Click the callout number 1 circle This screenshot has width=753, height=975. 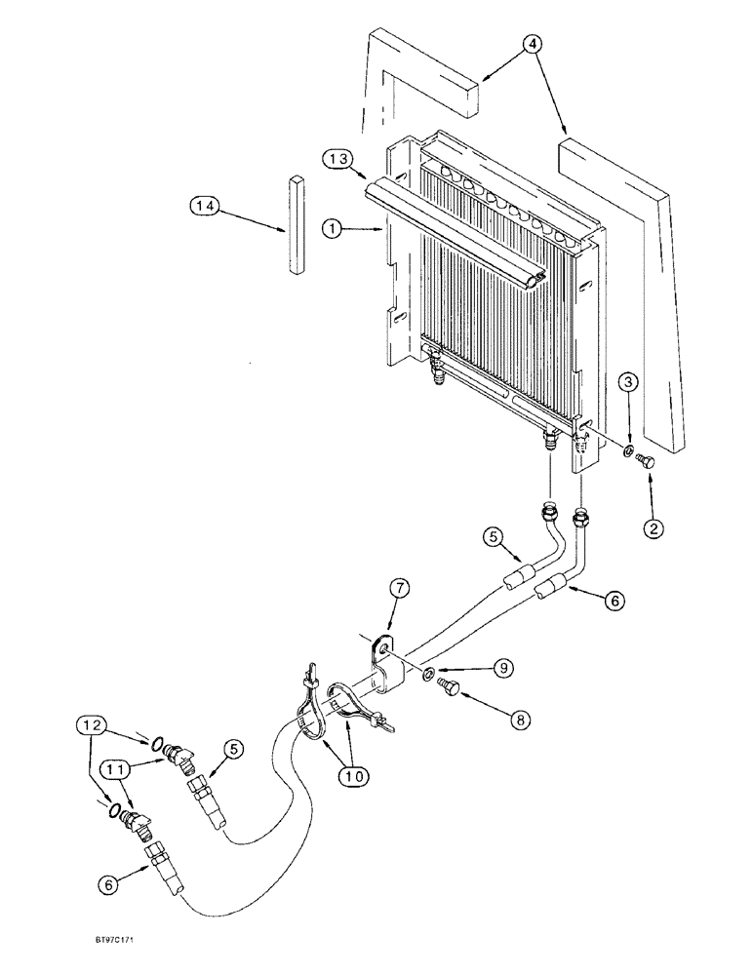tap(335, 229)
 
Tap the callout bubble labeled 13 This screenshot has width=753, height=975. tap(337, 159)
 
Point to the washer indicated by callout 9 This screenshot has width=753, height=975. tap(430, 673)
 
